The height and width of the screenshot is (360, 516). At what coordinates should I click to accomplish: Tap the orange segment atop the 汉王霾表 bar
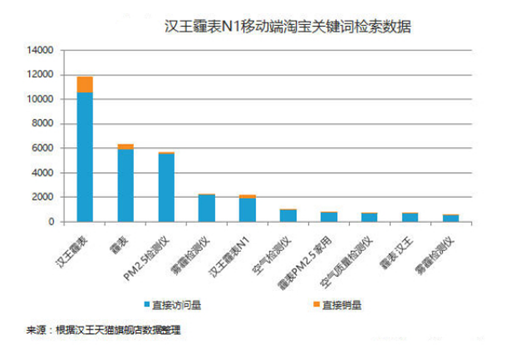coord(85,84)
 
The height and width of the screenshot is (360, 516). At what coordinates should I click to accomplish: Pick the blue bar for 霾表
coord(125,185)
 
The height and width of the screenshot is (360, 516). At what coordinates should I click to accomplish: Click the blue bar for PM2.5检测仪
coord(166,187)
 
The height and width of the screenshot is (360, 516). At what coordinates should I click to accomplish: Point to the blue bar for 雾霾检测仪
coord(207,208)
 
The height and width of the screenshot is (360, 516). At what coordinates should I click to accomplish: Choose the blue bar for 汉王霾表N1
coord(248,210)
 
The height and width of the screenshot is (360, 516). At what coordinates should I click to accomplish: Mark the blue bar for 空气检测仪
coord(288,215)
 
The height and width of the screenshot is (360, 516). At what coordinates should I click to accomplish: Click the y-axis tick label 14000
coord(40,51)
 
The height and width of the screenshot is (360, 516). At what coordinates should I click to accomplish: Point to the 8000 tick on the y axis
coord(42,124)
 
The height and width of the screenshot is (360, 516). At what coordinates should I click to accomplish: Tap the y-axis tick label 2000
coord(42,197)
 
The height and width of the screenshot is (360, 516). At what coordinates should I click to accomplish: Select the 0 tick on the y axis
coord(51,222)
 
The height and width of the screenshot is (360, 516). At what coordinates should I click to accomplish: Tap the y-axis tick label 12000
coord(40,75)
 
